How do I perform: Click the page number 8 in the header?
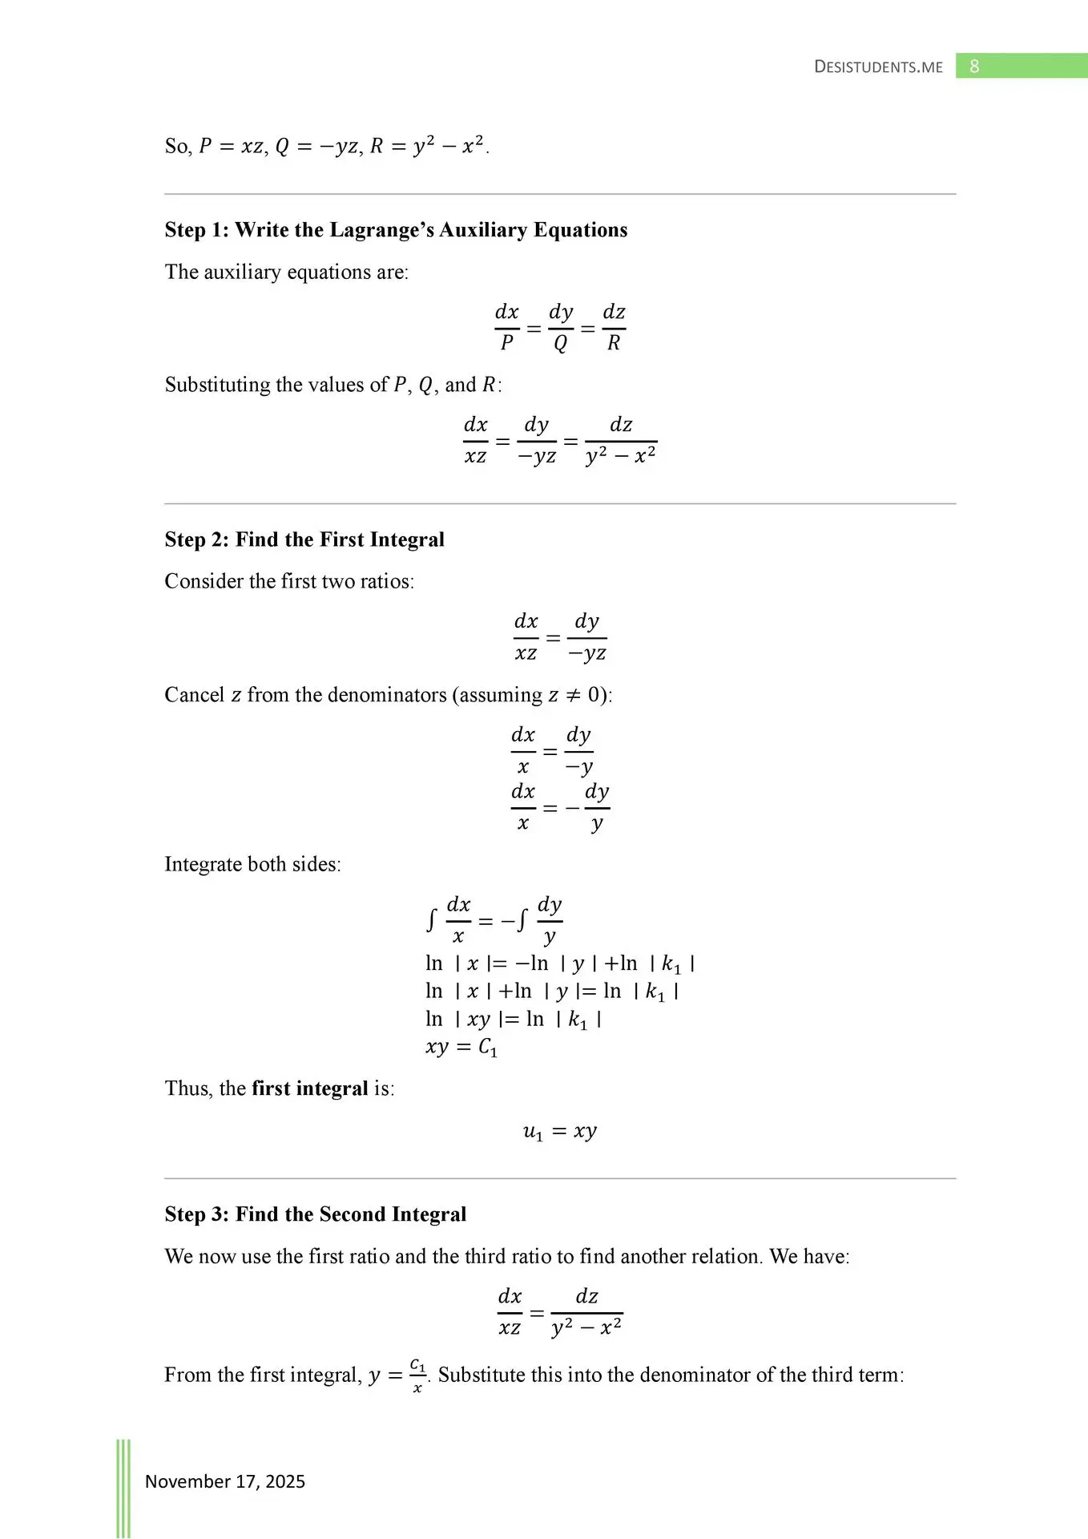(x=974, y=67)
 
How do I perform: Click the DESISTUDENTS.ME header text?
(x=878, y=67)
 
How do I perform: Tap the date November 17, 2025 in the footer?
(x=225, y=1481)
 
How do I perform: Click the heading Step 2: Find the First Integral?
(x=304, y=539)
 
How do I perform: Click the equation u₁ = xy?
(x=560, y=1132)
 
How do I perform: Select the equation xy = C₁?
(x=461, y=1048)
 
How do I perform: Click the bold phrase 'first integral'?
(x=310, y=1089)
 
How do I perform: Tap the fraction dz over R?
(x=614, y=327)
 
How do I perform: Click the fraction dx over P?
(x=506, y=327)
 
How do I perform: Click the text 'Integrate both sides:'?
(x=252, y=864)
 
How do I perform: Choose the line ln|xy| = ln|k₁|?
(x=514, y=1020)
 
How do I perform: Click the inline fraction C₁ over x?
(x=417, y=1375)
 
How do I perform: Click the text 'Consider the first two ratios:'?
(x=289, y=581)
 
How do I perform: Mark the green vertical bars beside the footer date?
(x=123, y=1488)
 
